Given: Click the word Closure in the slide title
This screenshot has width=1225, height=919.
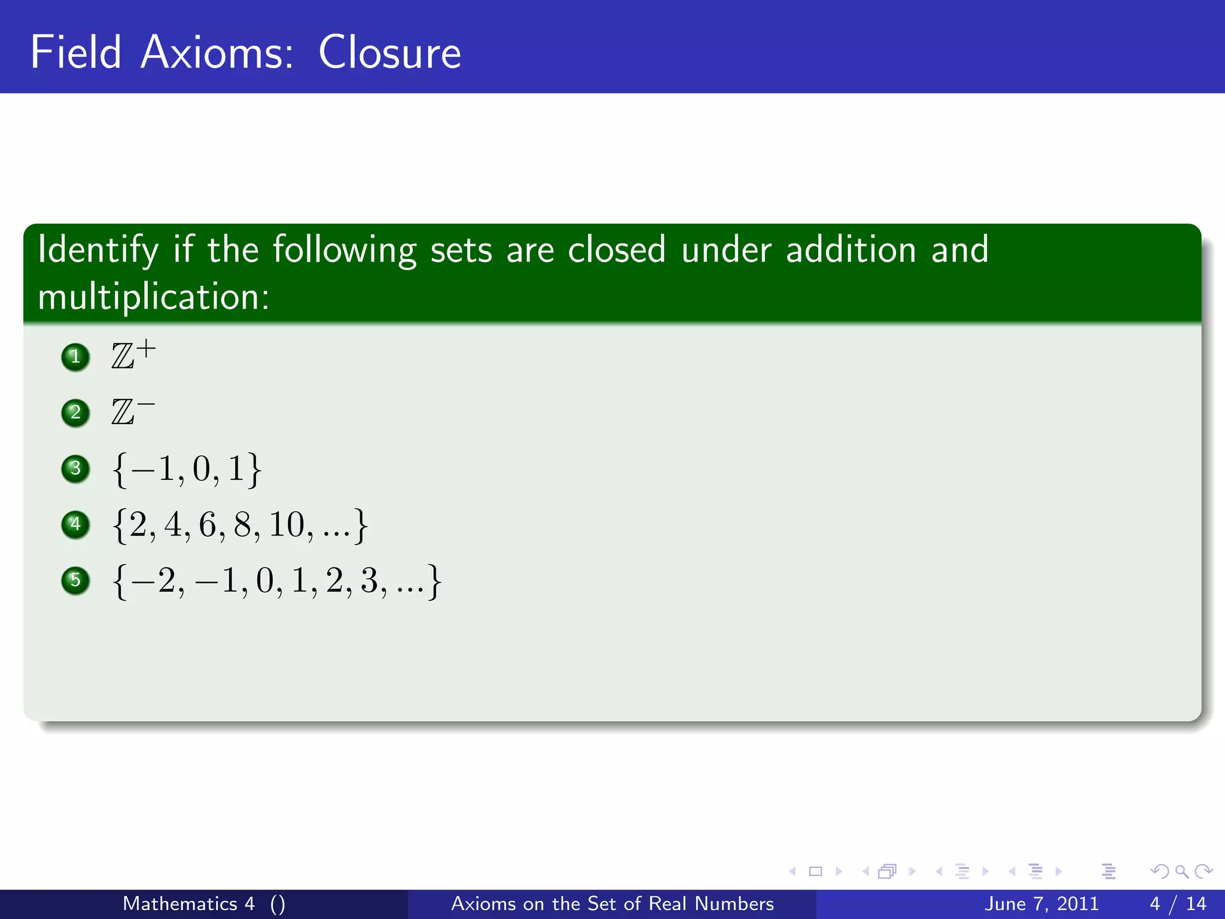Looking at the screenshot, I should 389,53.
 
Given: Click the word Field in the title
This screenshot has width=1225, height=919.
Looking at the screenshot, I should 76,53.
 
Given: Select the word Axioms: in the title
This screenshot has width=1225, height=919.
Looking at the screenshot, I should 217,53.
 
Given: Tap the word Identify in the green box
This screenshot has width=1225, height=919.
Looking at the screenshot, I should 98,250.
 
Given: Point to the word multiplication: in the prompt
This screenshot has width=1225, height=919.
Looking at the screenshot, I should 154,297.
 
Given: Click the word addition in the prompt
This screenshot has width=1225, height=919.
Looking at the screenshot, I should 851,249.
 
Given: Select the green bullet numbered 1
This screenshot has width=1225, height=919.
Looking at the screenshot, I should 75,357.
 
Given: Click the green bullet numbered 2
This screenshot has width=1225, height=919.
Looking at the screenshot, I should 75,413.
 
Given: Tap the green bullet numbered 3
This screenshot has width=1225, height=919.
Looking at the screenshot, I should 75,468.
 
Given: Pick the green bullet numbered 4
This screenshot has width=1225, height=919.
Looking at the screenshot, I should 75,525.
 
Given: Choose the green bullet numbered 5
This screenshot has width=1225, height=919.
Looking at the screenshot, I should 75,580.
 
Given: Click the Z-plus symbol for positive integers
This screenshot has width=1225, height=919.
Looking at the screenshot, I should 133,355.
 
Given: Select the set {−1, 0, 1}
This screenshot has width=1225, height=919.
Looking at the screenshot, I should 187,469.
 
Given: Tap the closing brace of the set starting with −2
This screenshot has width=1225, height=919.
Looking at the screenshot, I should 435,581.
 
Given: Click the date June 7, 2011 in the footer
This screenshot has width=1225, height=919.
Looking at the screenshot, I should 1041,903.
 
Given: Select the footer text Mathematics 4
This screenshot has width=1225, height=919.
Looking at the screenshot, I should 188,903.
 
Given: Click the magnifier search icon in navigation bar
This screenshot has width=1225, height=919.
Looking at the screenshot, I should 1181,872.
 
